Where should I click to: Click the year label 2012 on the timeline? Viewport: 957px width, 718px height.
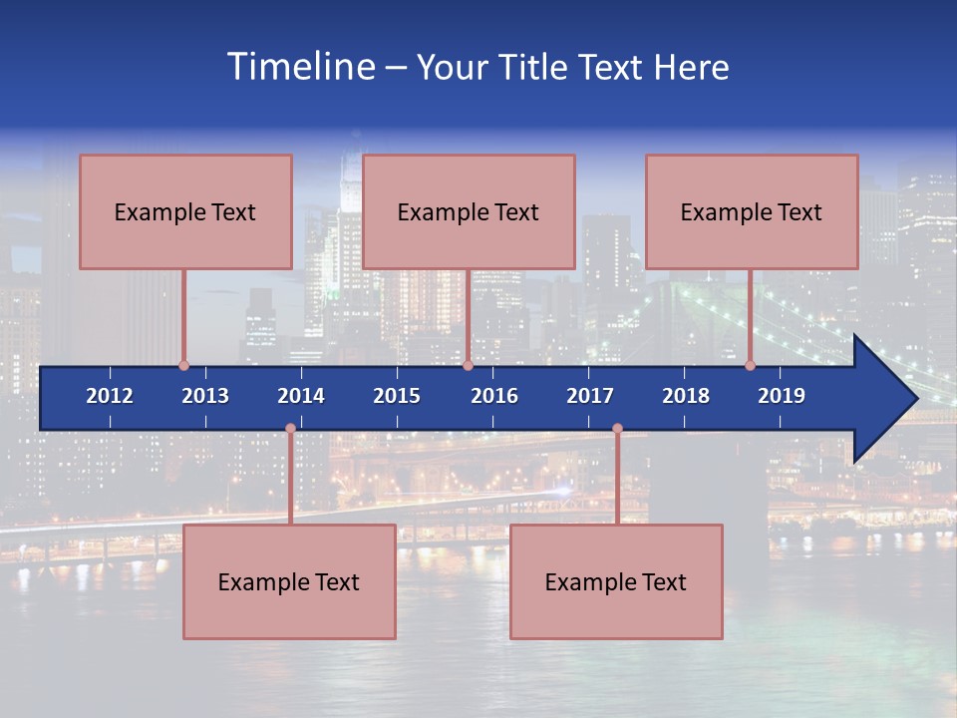110,396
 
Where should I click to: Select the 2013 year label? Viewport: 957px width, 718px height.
205,396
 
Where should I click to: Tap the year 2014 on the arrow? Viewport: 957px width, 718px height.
301,396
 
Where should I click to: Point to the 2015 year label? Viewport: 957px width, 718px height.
397,396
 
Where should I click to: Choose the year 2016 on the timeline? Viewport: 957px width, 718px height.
494,396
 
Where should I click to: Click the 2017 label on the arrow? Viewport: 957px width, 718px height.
590,396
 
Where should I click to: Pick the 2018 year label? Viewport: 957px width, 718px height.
686,396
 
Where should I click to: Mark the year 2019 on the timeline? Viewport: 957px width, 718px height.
782,396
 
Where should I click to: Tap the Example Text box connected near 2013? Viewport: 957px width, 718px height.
185,211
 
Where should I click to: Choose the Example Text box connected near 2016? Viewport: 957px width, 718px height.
469,211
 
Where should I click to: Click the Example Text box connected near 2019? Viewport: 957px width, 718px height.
752,211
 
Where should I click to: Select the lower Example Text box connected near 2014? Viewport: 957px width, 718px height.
289,581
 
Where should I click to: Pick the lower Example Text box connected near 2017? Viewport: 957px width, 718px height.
616,581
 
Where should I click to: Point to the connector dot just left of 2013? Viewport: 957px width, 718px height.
183,365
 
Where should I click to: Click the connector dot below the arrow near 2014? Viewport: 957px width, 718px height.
290,428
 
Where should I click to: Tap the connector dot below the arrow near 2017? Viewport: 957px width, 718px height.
617,428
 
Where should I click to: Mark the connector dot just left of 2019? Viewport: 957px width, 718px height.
751,365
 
